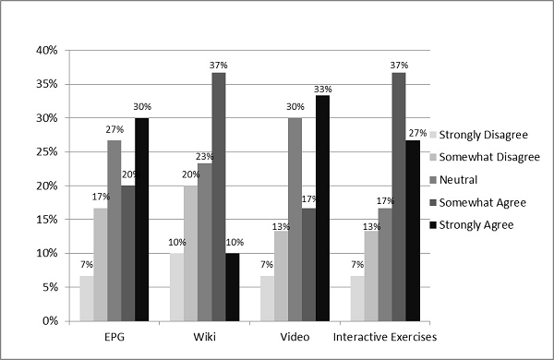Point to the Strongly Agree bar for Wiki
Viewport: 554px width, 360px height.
pyautogui.click(x=231, y=287)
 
